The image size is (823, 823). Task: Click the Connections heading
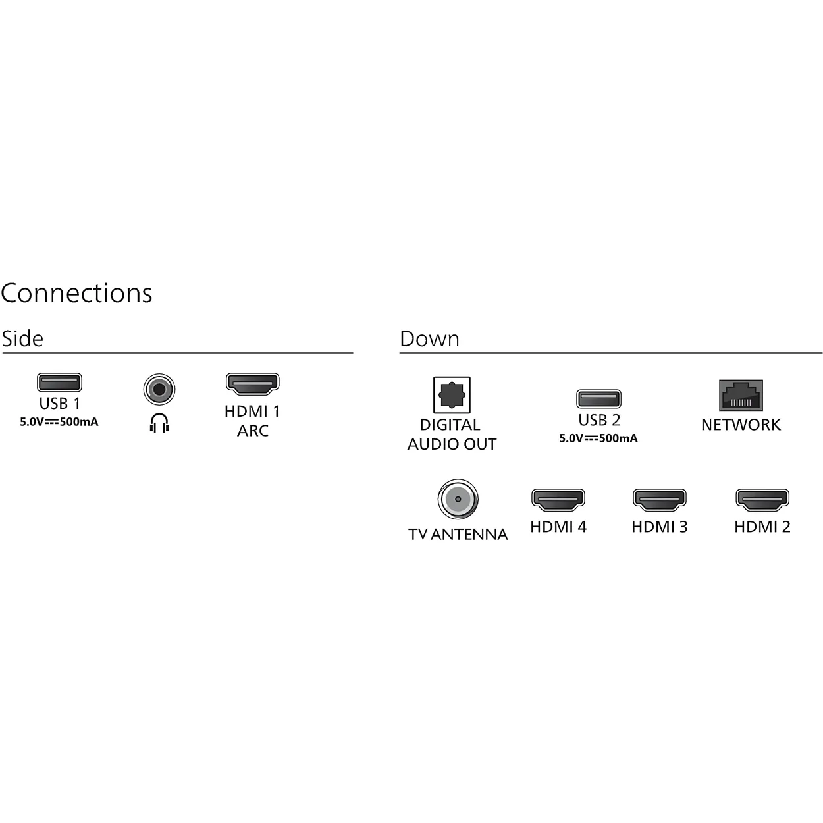tap(76, 294)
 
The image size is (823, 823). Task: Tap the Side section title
tap(22, 338)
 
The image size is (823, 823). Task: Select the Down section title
tap(430, 338)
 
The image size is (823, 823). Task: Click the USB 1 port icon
tap(59, 383)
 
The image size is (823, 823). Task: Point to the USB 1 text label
tap(59, 403)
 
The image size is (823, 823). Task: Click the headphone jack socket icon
tap(159, 389)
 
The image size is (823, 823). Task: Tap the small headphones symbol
tap(159, 423)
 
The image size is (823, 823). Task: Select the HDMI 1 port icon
tap(252, 384)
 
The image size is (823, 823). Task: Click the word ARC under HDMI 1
tap(253, 431)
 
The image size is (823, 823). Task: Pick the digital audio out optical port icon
tap(452, 394)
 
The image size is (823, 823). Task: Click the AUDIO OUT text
tap(452, 444)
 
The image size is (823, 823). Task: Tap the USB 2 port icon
tap(598, 399)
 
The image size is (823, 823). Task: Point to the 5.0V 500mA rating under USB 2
tap(598, 438)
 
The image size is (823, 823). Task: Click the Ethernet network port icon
tap(741, 395)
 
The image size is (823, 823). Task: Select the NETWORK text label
tap(741, 425)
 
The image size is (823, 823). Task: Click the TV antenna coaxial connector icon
tap(458, 499)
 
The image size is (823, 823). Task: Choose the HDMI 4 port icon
tap(558, 500)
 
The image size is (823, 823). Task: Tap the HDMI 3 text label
tap(660, 527)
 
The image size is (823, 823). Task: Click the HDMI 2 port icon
tap(762, 500)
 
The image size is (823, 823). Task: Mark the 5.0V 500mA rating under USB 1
tap(59, 422)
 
